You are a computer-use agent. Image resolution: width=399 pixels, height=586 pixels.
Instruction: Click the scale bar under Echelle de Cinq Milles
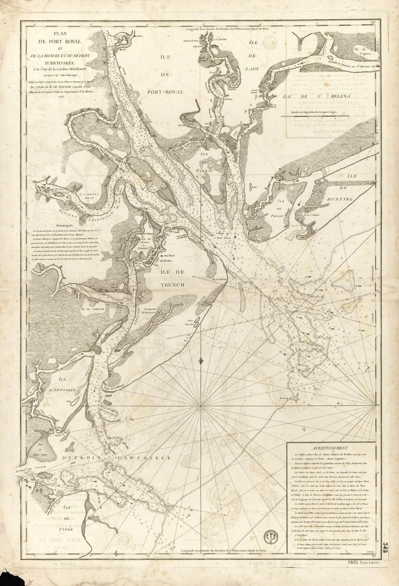point(315,117)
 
